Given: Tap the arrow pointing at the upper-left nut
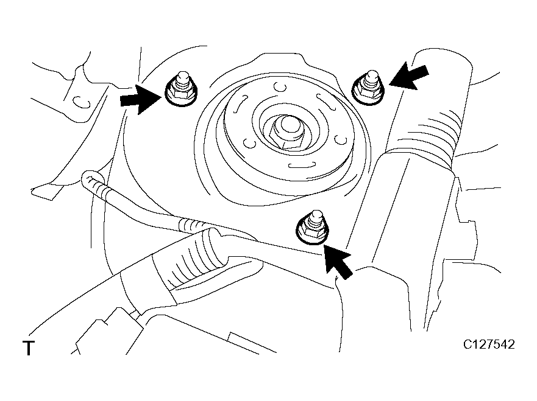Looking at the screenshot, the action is click(x=140, y=99).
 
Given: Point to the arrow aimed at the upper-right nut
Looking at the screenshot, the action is click(x=408, y=77).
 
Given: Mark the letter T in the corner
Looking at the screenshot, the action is click(x=29, y=348).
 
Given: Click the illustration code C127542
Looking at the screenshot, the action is click(x=489, y=344).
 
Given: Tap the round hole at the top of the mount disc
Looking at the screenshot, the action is click(x=280, y=88).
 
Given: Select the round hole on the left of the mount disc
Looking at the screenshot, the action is click(x=250, y=143).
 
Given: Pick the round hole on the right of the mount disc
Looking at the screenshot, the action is click(x=340, y=139).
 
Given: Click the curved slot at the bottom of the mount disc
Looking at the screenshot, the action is click(x=301, y=166).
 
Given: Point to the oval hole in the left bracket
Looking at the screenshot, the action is click(x=82, y=102).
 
